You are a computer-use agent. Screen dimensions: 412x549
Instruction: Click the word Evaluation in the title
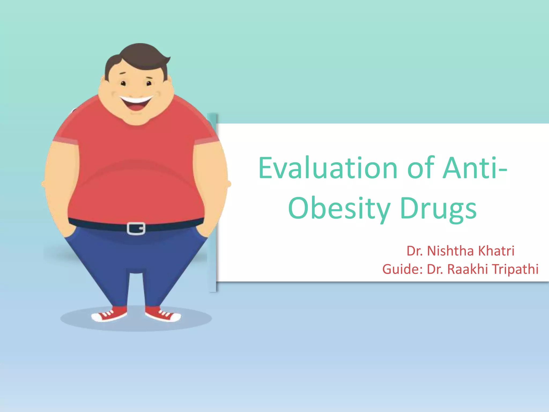tap(328, 168)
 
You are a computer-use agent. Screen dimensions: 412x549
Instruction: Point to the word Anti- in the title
tap(475, 168)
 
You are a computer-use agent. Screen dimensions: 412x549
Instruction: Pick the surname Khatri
tap(496, 251)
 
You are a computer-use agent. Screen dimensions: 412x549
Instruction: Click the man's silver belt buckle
tap(136, 229)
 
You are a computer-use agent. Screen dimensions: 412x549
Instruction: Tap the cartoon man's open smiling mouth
tap(136, 103)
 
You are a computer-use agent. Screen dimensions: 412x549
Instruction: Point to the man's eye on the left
tap(123, 83)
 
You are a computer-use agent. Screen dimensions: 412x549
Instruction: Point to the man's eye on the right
tap(149, 83)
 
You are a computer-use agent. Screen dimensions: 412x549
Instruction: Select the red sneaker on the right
tap(163, 314)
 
